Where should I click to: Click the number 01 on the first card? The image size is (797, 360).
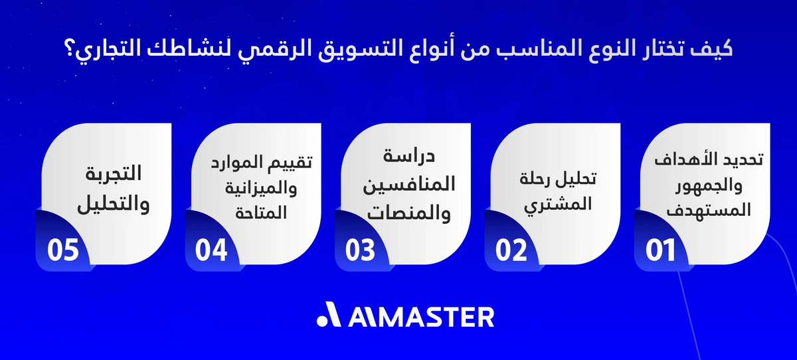pos(661,250)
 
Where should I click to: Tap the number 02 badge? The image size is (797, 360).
pos(511,250)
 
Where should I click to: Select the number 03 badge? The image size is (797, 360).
pos(361,250)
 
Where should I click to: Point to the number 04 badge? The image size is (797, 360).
pos(211,250)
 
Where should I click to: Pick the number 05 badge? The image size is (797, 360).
pos(63,250)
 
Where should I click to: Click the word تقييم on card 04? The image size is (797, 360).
pos(288,161)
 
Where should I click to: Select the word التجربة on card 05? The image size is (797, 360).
pos(112,173)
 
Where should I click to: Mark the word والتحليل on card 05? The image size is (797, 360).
pos(114,204)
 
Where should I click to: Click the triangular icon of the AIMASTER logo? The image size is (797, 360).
pos(330,316)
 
